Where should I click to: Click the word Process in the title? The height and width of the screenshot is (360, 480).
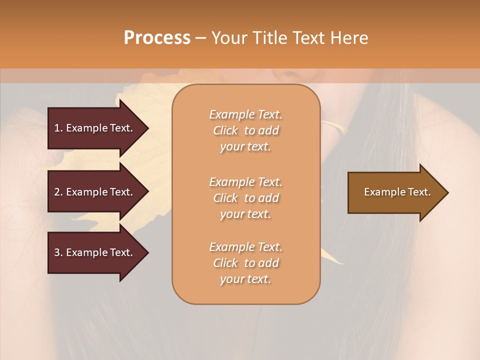coord(157,38)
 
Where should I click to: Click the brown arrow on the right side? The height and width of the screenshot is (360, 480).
coord(395,192)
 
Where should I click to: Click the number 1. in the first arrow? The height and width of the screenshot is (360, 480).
coord(58,128)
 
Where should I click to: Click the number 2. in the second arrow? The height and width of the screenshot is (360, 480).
coord(58,192)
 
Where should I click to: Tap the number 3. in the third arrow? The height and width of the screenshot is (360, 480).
coord(58,252)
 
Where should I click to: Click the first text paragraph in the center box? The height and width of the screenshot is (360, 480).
coord(245,130)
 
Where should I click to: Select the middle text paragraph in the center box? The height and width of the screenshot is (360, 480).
coord(245,197)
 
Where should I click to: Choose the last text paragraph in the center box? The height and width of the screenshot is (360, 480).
coord(245,263)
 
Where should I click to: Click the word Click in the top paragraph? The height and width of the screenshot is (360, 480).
coord(225,130)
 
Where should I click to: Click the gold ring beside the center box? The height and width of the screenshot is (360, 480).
coord(334,127)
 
